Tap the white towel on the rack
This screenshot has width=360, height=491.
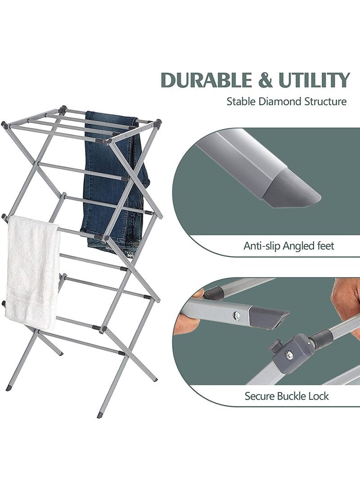33,270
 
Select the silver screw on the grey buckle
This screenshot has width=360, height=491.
290,355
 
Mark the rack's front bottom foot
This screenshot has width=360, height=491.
100,414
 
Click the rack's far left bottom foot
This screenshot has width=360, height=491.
9,387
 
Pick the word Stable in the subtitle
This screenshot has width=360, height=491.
241,101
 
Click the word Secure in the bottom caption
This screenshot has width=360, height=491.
260,396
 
